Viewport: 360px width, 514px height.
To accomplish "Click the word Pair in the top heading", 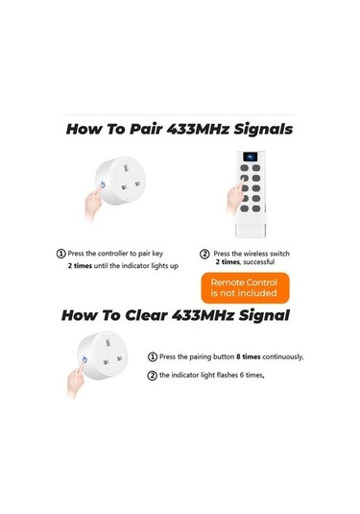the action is tap(146, 129).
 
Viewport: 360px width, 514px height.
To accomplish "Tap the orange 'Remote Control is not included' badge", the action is tap(246, 288).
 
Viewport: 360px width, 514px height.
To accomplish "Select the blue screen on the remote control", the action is tap(251, 157).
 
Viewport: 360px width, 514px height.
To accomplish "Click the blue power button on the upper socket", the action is tap(103, 185).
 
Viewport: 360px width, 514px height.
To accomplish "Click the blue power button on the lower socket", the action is tap(84, 360).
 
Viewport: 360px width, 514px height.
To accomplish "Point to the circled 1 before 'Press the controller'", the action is tap(60, 254).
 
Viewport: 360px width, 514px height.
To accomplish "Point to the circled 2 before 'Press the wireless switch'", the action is tap(204, 254).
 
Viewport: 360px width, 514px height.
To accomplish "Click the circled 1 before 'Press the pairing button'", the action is tap(153, 357).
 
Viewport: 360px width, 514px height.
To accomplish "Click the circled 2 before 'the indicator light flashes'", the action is tap(153, 375).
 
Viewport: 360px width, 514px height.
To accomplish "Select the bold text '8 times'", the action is tap(249, 356).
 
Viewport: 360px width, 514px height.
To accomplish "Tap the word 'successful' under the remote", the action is tap(259, 262).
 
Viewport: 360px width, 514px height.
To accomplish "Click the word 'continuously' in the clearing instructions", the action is tap(282, 357).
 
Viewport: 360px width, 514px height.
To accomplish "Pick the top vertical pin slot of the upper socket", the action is tap(126, 168).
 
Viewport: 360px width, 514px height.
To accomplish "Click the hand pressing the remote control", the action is tap(235, 198).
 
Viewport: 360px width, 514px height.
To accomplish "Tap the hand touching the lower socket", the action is tap(75, 379).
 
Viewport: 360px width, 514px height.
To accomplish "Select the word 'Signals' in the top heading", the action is tap(263, 129).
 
